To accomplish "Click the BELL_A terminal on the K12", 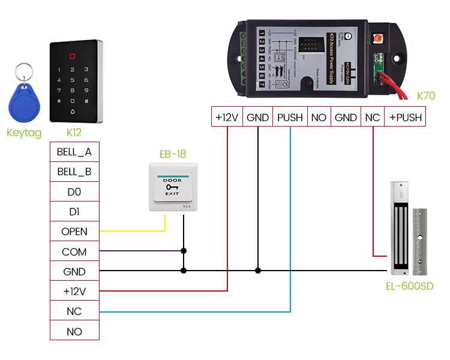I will coord(74,152).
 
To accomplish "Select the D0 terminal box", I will coord(74,192).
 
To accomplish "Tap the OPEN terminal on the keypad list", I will coord(74,232).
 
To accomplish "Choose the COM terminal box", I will coord(74,252).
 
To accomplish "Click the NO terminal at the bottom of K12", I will coord(74,331).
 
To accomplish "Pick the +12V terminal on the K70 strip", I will coord(227,118).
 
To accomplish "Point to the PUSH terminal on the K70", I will coord(290,118).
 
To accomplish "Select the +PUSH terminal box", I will coord(405,118).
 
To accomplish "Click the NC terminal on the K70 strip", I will coord(373,118).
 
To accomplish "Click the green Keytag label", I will coord(23,133).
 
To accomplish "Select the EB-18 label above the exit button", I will coord(173,154).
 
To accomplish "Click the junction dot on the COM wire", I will coord(184,251).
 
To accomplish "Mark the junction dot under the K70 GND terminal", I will coord(258,271).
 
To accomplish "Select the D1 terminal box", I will coord(74,212).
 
